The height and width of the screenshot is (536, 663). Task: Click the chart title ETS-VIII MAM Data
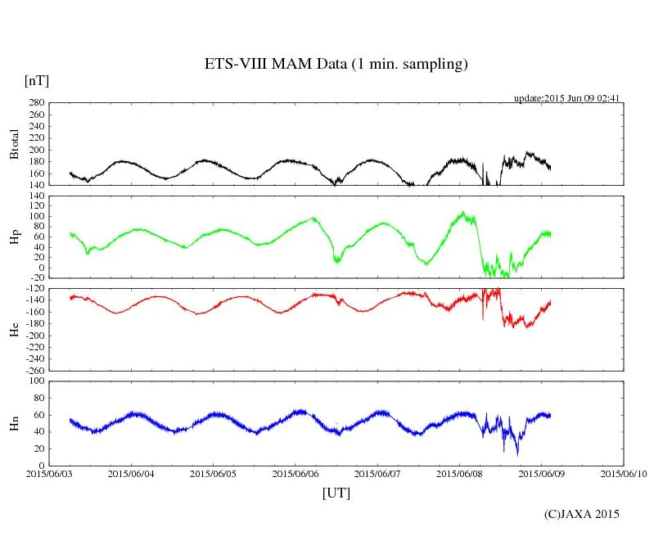[336, 65]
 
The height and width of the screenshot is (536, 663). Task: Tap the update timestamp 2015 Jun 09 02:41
[566, 98]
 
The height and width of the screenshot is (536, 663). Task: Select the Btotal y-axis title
[14, 143]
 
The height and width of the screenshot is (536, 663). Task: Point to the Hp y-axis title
[14, 237]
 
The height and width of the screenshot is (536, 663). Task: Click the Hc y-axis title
[14, 330]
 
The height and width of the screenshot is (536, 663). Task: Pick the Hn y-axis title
[14, 423]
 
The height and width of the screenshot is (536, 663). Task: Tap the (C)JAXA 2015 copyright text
[582, 514]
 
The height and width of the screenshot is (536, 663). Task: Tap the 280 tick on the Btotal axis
[34, 103]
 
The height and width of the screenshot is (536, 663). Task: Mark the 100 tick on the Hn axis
[34, 381]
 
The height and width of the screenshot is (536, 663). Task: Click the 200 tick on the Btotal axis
[34, 150]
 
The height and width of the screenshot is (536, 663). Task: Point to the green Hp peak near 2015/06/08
[463, 214]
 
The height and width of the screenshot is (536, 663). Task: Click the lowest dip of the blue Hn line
[516, 454]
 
